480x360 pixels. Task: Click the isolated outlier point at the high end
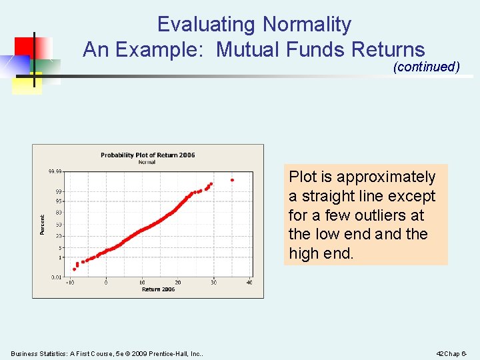pos(232,180)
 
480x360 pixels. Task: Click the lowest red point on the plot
pos(74,269)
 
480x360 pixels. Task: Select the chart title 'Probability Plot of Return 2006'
pos(147,155)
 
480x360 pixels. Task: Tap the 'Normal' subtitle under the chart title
pos(147,162)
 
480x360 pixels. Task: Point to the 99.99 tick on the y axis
pos(55,171)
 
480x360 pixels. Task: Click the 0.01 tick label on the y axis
pos(56,277)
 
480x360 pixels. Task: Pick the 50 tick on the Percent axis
pos(59,225)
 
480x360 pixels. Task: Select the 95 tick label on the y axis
pos(59,201)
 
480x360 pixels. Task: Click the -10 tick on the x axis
pos(70,283)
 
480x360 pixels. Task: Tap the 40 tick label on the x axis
pos(249,283)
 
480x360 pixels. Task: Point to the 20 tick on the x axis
pos(177,283)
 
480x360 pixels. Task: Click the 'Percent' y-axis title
pos(43,224)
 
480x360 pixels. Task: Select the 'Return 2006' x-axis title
pos(158,289)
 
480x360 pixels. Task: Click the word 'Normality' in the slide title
pos(307,25)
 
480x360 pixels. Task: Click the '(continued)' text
pos(427,67)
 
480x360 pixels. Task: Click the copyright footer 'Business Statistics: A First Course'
pos(87,353)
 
